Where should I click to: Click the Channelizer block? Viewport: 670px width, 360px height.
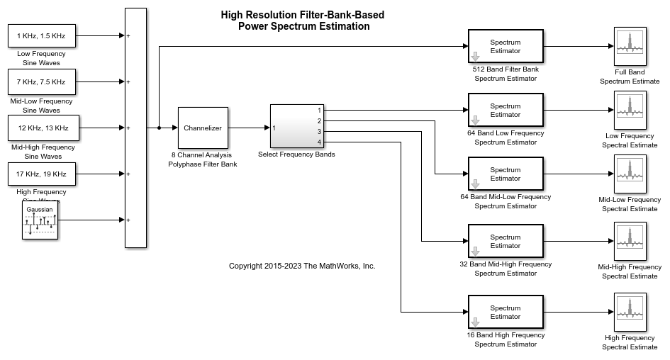pos(203,128)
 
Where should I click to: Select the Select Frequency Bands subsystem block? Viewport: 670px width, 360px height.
pos(296,126)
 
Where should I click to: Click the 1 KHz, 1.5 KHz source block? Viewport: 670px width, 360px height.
pos(42,35)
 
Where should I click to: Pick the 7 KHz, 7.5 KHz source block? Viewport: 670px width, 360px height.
pos(42,82)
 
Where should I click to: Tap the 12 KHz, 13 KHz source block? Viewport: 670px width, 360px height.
pos(42,128)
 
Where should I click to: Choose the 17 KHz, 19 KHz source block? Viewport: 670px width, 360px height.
pos(42,174)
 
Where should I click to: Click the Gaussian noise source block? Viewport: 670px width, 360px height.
pos(39,220)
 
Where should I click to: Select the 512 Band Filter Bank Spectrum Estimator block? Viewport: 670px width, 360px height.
pos(506,47)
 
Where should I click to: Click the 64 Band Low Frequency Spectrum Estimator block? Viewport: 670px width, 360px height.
pos(506,111)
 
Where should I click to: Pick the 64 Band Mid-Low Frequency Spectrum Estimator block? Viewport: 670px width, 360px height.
pos(506,174)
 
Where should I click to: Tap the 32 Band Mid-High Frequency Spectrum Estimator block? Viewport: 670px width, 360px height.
pos(506,242)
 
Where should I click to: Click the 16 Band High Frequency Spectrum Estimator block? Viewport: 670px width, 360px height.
pos(506,313)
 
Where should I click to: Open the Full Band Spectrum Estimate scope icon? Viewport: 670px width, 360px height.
pos(630,47)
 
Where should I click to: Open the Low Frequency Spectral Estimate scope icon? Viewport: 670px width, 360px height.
pos(630,111)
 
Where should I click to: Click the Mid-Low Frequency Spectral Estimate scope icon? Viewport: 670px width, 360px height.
pos(630,174)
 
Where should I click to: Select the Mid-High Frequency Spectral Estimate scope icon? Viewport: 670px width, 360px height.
pos(630,242)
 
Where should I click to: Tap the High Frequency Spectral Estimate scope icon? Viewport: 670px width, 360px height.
pos(630,313)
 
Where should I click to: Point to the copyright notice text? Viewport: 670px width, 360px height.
pos(302,266)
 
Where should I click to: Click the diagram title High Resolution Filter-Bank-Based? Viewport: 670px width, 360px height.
pos(303,15)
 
